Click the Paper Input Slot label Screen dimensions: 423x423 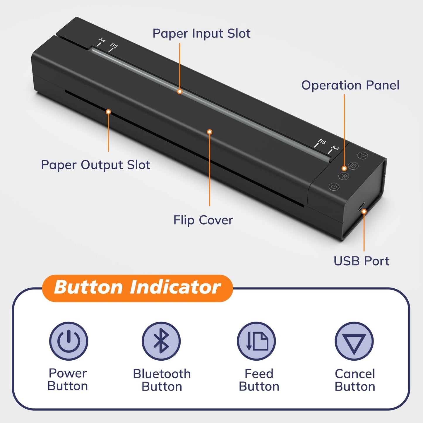click(201, 34)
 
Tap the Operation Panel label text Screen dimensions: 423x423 click(350, 85)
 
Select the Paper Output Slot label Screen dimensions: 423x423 click(95, 165)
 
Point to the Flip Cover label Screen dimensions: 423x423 click(203, 220)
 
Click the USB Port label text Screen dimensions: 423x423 click(362, 261)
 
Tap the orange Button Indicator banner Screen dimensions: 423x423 click(137, 287)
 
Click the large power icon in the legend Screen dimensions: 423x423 click(68, 341)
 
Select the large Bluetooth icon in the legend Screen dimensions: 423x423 click(161, 341)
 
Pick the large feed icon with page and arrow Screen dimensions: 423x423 click(256, 341)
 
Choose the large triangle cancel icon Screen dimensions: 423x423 click(354, 341)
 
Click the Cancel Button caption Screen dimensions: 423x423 click(355, 380)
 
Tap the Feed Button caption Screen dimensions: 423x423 click(259, 380)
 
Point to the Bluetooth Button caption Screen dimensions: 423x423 click(162, 380)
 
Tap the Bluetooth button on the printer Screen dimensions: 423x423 click(344, 176)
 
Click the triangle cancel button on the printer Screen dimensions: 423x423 click(363, 155)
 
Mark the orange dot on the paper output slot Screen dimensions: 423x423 click(108, 112)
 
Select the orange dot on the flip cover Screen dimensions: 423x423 click(209, 132)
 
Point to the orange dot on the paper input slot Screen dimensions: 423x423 click(180, 92)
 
